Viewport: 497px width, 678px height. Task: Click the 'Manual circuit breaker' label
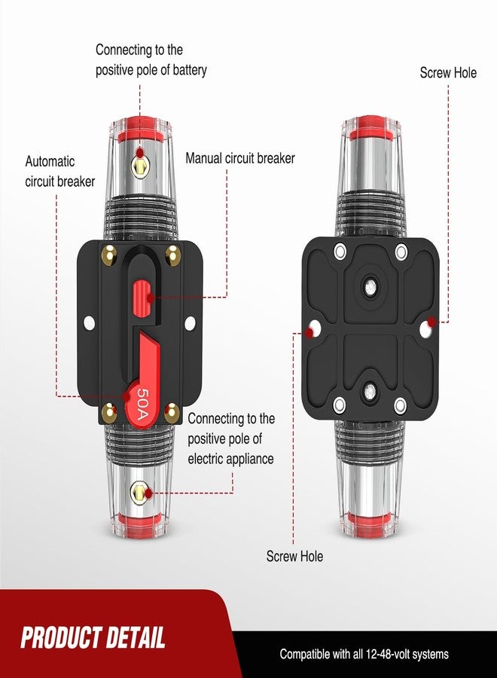coord(240,159)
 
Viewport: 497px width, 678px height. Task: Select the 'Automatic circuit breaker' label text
coord(60,171)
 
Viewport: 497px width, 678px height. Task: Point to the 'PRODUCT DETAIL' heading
coord(93,638)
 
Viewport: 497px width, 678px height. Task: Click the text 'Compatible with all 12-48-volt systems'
coord(364,654)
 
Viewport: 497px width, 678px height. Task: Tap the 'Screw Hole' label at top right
coord(448,73)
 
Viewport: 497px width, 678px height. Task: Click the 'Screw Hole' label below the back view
coord(294,556)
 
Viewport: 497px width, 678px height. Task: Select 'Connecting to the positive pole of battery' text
coord(151,60)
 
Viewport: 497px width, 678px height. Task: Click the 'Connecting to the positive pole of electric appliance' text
coord(231,438)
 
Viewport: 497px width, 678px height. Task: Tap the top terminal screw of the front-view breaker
coord(139,157)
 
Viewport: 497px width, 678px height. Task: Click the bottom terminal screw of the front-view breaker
coord(139,495)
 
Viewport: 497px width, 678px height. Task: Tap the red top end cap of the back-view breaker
coord(369,125)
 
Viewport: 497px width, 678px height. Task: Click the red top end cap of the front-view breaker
coord(139,125)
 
